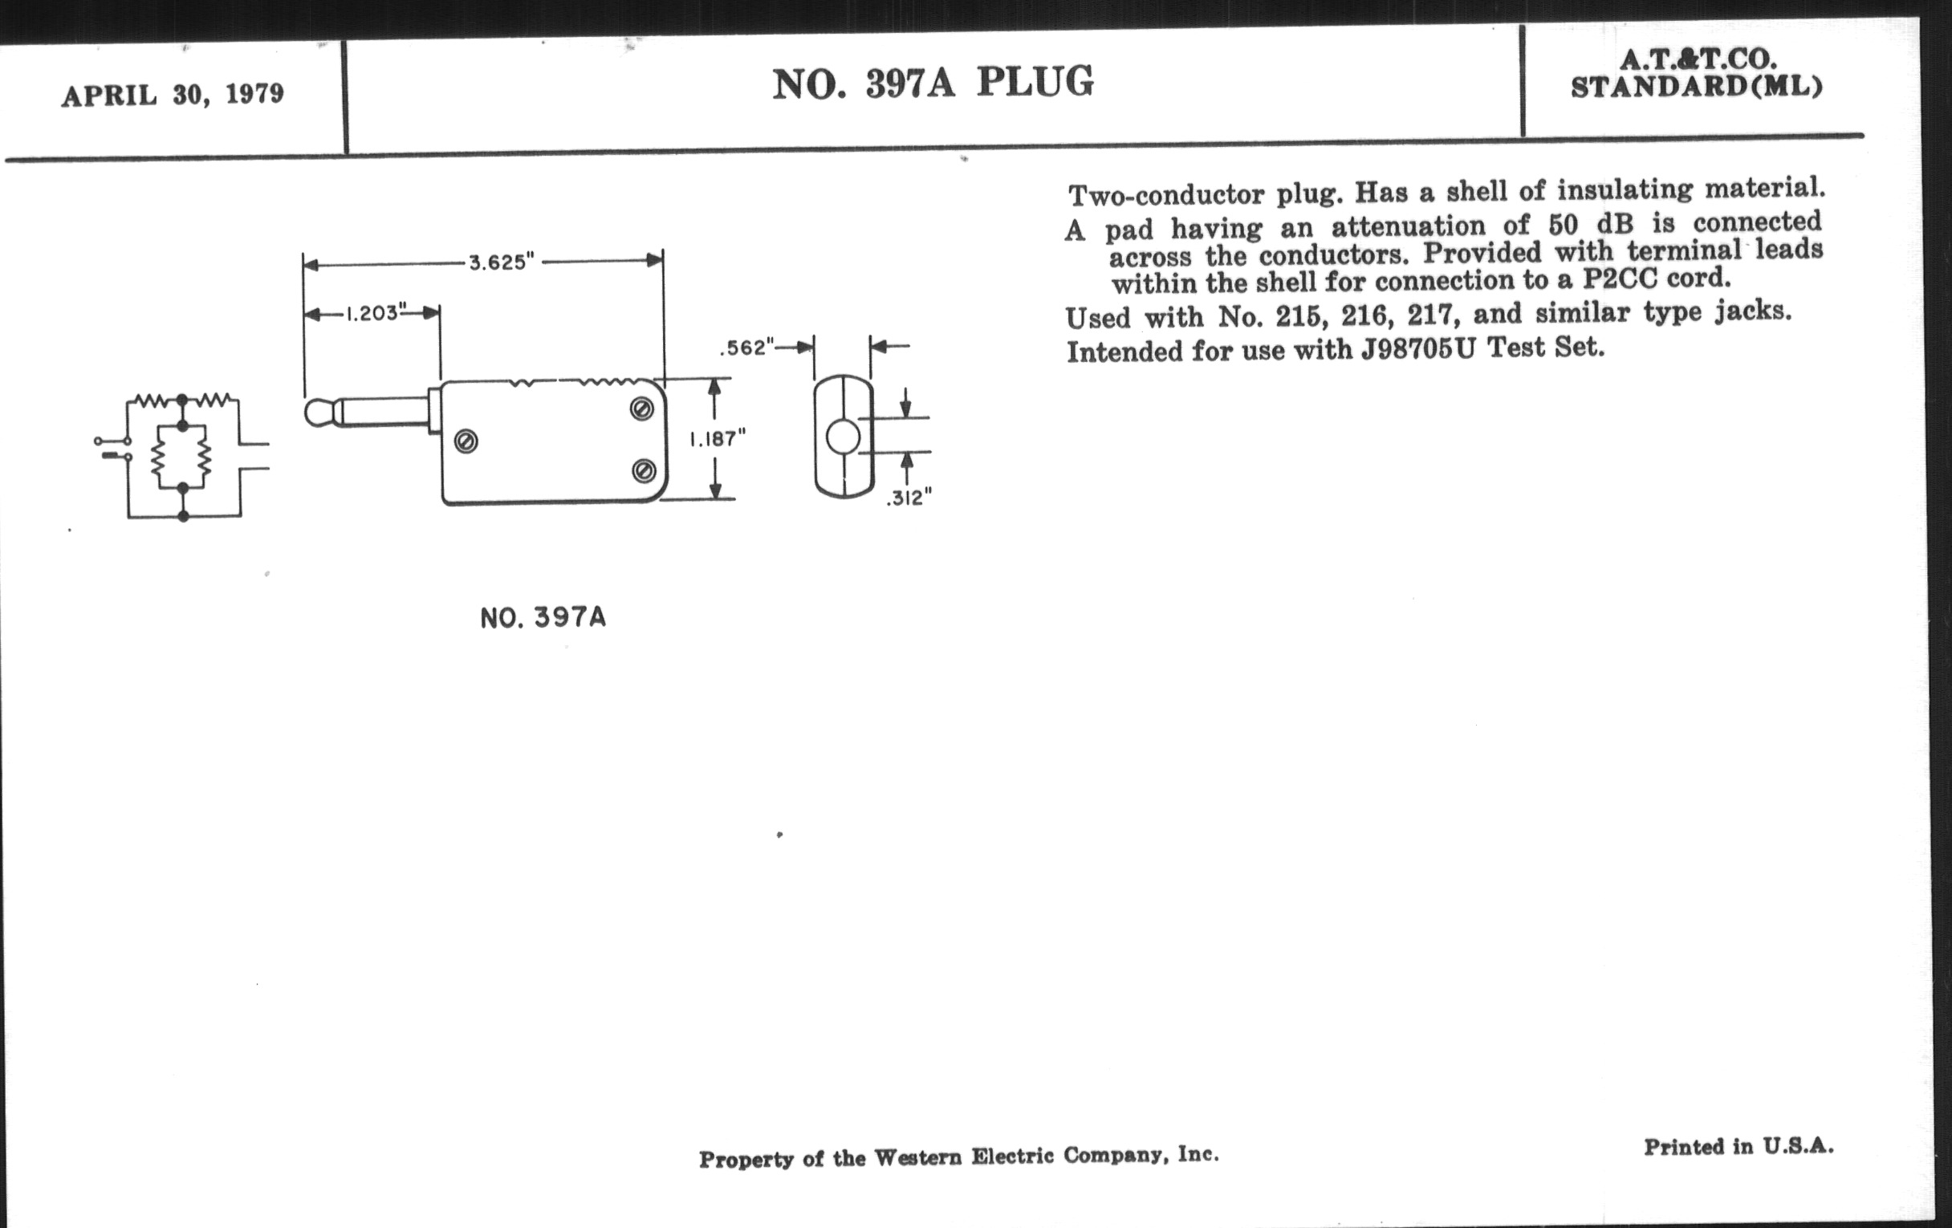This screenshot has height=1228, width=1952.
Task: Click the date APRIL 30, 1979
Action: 173,94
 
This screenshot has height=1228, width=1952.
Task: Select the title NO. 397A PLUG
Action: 932,83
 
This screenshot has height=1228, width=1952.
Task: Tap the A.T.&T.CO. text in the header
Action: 1698,59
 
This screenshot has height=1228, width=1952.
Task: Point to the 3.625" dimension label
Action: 502,262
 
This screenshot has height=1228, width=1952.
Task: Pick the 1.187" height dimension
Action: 718,438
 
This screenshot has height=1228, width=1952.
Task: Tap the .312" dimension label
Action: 909,498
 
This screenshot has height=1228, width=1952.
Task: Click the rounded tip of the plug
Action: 318,413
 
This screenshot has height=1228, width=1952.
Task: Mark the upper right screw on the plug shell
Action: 642,409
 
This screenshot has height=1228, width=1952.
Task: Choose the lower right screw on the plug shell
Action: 644,470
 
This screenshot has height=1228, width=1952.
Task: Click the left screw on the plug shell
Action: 466,441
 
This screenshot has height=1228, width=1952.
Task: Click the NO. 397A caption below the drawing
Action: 543,618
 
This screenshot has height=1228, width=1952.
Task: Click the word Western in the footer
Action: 915,1157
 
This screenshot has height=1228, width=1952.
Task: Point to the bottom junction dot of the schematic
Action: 183,516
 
